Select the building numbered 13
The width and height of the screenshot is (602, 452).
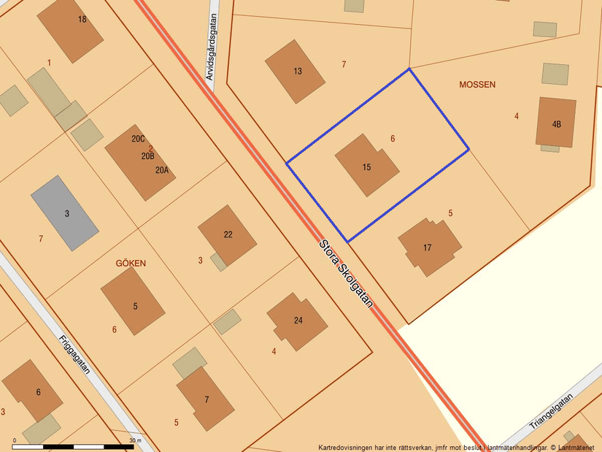[x=295, y=71]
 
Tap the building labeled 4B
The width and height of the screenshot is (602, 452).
[x=556, y=123]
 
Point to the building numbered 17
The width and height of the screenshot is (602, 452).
[x=429, y=247]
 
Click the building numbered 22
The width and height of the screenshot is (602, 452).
[x=228, y=234]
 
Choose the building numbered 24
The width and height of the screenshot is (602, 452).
[x=297, y=321]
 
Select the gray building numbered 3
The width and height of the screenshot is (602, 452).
[x=64, y=212]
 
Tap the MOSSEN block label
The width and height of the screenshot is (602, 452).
[x=477, y=85]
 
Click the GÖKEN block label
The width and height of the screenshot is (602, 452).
[x=131, y=263]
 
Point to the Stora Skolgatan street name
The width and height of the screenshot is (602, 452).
[x=346, y=274]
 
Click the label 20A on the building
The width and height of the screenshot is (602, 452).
[x=161, y=170]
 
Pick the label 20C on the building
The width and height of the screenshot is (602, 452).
[x=138, y=139]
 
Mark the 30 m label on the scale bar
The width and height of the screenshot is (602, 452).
[x=135, y=441]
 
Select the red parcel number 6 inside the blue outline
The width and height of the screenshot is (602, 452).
[x=393, y=138]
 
